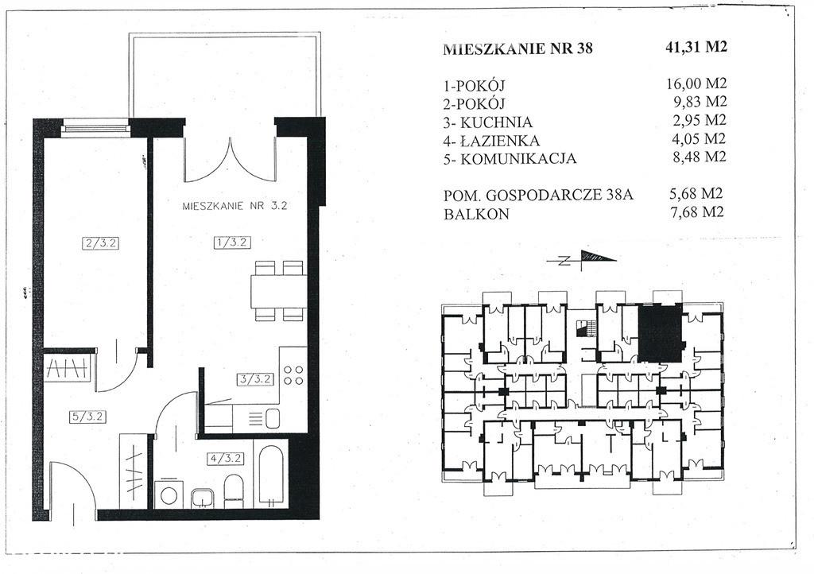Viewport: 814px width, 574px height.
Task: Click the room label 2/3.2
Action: coord(101,243)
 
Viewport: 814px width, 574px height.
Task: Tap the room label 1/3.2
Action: coord(232,242)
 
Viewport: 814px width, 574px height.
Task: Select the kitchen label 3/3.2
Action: coord(255,379)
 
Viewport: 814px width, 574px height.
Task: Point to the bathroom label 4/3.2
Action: coord(225,458)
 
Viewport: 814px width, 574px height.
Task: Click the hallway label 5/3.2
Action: coord(87,417)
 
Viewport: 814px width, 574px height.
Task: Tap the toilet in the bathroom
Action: coord(233,491)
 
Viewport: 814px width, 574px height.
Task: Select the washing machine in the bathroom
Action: coord(169,494)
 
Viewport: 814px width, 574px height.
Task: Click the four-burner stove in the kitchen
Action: coord(293,375)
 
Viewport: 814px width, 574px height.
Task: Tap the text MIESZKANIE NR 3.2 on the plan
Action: coord(235,206)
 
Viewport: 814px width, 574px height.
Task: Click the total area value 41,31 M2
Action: coord(696,47)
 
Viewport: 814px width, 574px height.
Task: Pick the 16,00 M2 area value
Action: coord(696,83)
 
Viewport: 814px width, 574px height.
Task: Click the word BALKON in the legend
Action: coord(477,215)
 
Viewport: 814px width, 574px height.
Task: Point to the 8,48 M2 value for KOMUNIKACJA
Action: coord(700,157)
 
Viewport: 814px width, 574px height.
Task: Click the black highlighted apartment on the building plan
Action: coord(659,332)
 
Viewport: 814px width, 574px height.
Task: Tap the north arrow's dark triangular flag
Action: coord(597,256)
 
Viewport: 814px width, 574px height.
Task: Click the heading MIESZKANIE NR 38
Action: coord(518,48)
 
